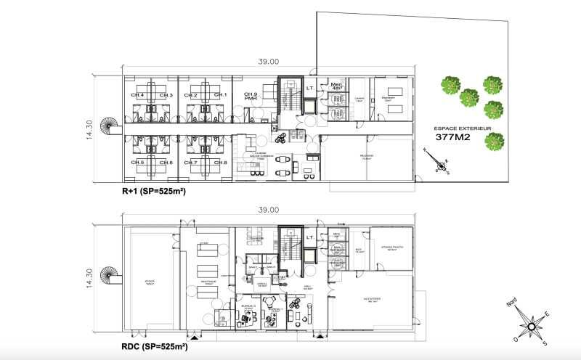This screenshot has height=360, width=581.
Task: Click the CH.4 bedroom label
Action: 137,95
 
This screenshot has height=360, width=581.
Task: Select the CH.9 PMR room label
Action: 251,97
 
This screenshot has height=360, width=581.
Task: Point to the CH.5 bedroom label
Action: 137,162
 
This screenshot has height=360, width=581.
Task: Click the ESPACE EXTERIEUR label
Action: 463,128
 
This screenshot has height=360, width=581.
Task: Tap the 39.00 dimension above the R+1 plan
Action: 268,62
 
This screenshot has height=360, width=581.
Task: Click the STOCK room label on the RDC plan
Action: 150,281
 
